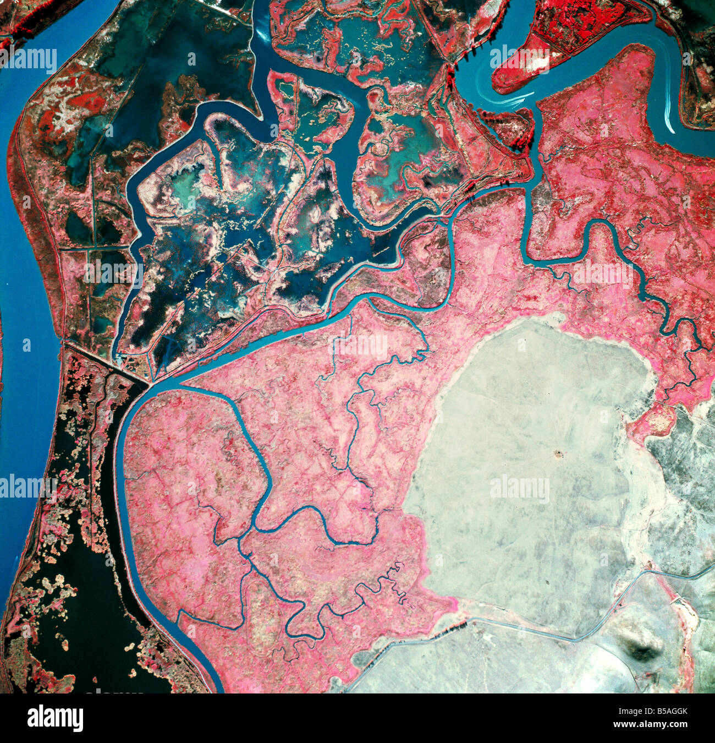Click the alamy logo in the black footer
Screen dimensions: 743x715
pyautogui.click(x=55, y=718)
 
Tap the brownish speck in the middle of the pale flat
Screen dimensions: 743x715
pyautogui.click(x=560, y=454)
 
